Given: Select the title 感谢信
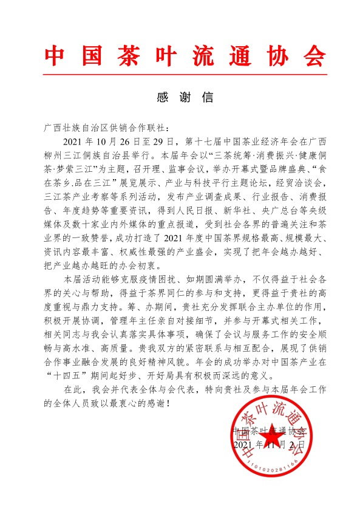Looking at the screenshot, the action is (x=180, y=97).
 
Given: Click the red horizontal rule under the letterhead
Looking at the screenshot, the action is (x=180, y=74).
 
